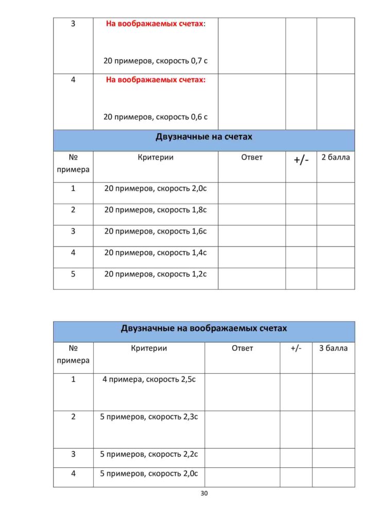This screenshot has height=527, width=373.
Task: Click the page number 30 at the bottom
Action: tap(204, 494)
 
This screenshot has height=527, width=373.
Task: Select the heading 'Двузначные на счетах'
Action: tap(204, 137)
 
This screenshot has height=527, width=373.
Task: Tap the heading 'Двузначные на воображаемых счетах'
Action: tap(204, 328)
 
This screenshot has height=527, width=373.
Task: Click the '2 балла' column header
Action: tap(335, 157)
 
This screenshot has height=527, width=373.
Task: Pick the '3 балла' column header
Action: tap(333, 348)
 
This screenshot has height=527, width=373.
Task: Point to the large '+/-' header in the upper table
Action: tap(301, 160)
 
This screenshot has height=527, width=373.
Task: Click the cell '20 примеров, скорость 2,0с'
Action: tap(156, 189)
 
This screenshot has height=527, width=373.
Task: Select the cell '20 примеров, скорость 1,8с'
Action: tap(156, 210)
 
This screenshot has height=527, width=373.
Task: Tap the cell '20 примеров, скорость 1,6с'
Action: tap(156, 232)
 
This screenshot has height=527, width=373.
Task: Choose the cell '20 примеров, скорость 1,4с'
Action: tap(156, 253)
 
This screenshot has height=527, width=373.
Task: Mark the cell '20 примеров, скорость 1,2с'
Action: tap(156, 274)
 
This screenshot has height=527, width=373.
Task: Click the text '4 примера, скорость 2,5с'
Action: tap(149, 380)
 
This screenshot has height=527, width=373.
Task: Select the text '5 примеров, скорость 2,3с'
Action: tap(149, 417)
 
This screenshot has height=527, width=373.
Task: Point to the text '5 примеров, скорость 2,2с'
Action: tap(149, 454)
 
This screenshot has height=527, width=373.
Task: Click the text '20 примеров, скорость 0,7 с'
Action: tap(156, 61)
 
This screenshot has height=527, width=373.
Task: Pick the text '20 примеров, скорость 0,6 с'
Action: tap(156, 117)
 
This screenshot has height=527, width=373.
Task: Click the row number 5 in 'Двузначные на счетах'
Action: tap(73, 274)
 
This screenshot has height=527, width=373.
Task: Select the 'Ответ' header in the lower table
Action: tap(242, 348)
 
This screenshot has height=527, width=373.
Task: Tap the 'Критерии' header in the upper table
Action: tap(156, 157)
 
